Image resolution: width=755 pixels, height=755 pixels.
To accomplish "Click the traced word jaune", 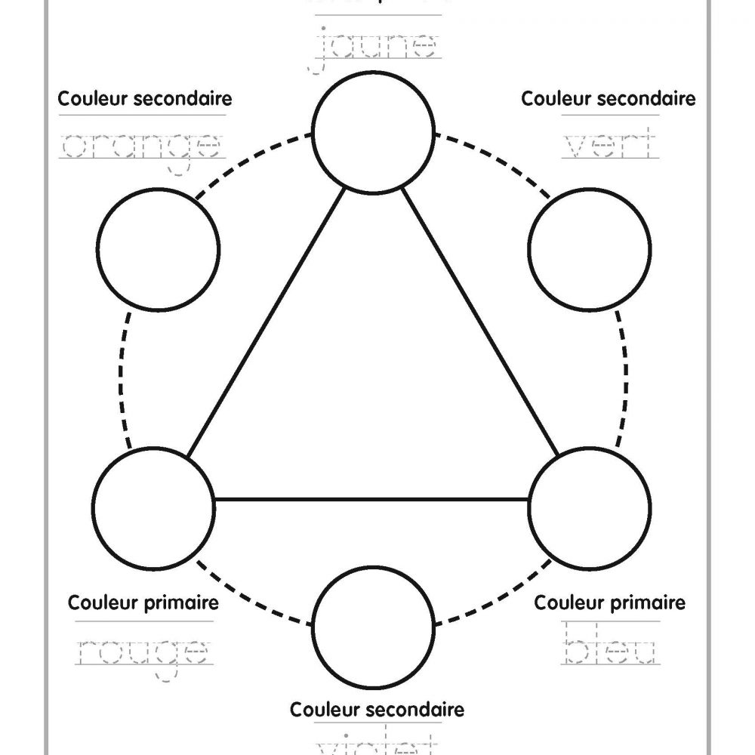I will click(375, 47).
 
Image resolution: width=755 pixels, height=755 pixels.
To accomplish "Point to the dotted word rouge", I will click(143, 651).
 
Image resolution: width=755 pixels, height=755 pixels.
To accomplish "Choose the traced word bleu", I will click(610, 651).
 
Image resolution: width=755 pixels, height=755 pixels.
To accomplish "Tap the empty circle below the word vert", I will click(590, 249).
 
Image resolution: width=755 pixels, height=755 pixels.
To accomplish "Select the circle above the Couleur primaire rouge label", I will click(153, 507).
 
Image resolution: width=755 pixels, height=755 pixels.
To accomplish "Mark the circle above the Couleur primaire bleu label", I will click(590, 507).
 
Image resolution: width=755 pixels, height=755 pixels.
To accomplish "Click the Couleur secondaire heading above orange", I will click(144, 99).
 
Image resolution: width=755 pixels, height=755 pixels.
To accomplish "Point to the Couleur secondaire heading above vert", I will click(609, 99).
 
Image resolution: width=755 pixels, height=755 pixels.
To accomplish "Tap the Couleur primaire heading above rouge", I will click(143, 603).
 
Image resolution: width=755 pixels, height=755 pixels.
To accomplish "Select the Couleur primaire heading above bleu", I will click(610, 603).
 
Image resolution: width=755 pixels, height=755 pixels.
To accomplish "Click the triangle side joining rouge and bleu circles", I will click(371, 499).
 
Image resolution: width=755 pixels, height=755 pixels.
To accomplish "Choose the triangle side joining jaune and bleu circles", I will click(480, 322).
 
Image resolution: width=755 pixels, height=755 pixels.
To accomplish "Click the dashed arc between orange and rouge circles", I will click(123, 377).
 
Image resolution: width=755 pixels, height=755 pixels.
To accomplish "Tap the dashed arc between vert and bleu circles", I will click(625, 377).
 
